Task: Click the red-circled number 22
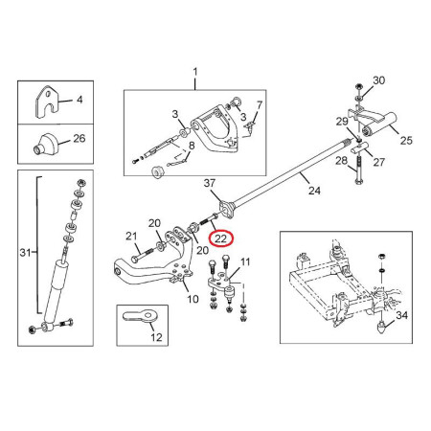221,238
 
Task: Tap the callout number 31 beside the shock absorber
25,253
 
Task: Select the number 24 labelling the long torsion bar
314,191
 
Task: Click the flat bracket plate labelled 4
48,102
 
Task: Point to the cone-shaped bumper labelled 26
46,144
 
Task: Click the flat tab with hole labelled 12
140,316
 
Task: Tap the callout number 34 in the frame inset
401,315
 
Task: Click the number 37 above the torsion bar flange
210,183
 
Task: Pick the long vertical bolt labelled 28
359,170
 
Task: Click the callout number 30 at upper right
379,80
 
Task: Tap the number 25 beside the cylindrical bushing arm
406,140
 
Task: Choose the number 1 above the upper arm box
195,72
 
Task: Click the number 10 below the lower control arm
193,299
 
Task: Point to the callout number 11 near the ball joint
245,262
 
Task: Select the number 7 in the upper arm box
260,104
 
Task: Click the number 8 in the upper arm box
192,146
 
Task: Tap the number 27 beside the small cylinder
379,162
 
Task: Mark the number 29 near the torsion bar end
342,122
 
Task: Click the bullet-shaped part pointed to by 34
381,327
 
